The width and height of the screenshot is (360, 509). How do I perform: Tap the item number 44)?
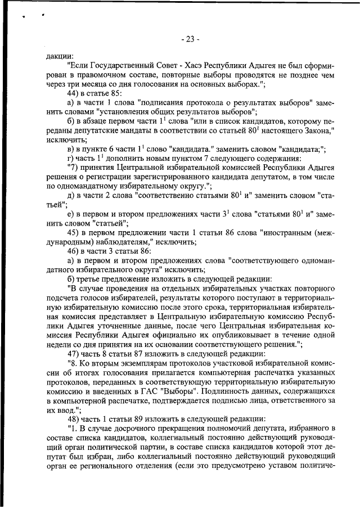tap(74, 92)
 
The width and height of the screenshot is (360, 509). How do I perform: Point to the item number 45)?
tap(74, 232)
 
